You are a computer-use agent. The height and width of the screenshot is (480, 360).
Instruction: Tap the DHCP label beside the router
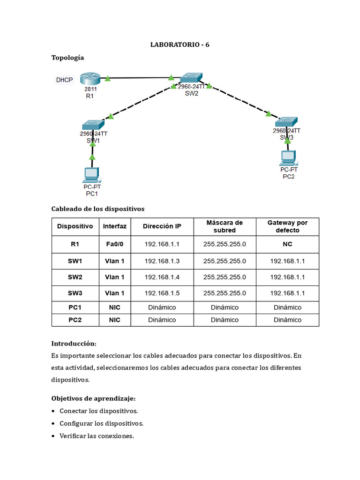64,80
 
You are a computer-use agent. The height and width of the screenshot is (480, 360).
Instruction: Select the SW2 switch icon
191,77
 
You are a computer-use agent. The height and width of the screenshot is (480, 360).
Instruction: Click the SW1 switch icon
93,125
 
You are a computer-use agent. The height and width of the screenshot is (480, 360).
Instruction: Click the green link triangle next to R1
108,79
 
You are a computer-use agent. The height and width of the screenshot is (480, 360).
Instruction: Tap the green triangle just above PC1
92,157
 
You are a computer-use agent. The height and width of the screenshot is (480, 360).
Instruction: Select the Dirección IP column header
162,226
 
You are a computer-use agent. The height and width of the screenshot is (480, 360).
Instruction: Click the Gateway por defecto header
287,226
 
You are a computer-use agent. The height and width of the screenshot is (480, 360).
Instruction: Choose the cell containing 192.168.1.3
162,261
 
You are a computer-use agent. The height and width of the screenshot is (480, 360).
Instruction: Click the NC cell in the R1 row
287,244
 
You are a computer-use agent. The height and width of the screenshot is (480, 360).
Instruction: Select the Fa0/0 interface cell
115,244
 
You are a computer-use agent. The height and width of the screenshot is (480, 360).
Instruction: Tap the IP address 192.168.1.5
162,293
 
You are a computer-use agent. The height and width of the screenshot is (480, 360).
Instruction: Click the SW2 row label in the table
75,277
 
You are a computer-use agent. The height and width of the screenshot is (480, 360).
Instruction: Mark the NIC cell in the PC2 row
115,320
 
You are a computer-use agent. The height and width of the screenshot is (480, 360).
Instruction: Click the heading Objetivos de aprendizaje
93,398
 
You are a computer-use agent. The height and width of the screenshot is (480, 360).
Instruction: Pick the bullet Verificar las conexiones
97,436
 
